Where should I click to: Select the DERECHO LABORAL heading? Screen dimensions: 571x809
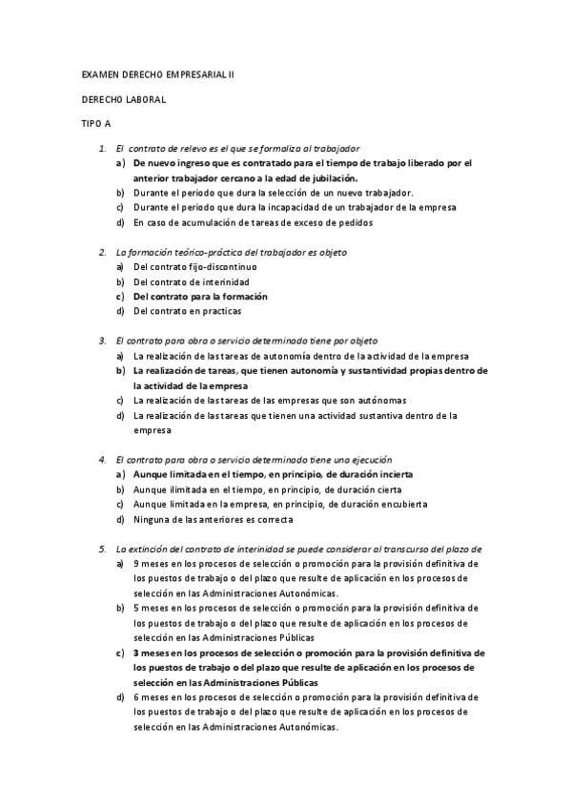124,98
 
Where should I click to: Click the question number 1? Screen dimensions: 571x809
102,149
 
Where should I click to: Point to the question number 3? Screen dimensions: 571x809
102,340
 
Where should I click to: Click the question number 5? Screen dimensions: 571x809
102,549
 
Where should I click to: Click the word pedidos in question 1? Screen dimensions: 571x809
354,222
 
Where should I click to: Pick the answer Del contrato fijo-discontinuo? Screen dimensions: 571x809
195,267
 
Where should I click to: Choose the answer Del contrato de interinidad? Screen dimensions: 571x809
192,282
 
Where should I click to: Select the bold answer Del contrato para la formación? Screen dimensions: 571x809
200,297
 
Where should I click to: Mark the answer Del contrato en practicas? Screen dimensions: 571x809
188,311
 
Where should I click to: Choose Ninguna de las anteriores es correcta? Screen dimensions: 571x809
214,519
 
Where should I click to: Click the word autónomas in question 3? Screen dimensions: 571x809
390,400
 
